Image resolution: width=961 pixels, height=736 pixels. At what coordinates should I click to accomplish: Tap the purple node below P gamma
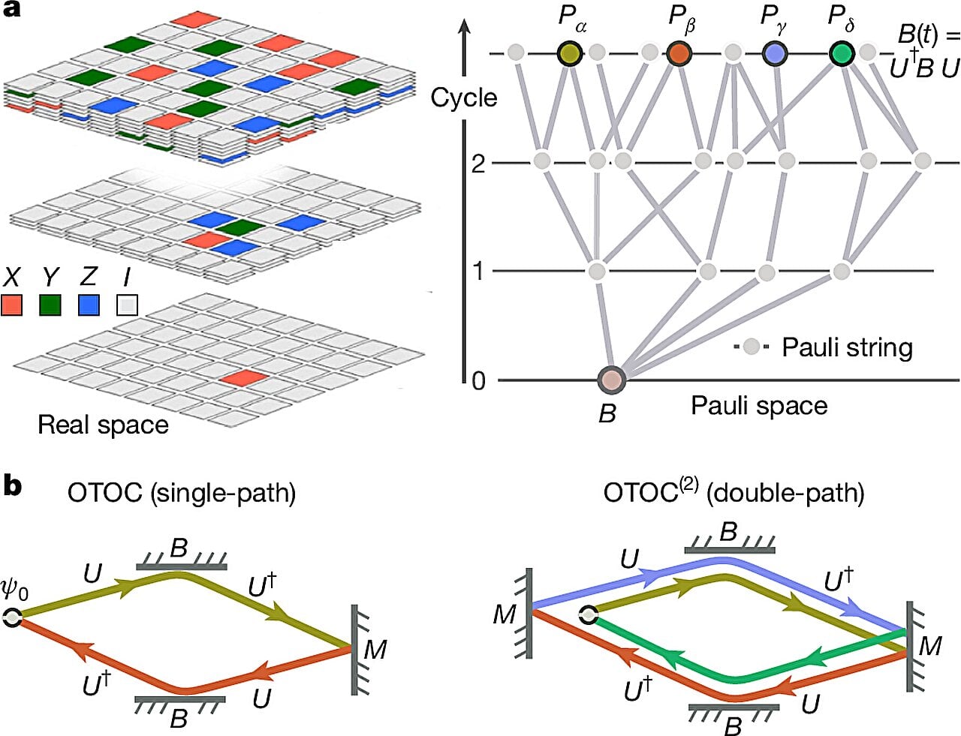coord(774,53)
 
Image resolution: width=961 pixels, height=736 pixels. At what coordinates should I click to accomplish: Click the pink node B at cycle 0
coord(611,380)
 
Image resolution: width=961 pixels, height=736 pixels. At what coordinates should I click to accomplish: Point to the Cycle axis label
coord(463,98)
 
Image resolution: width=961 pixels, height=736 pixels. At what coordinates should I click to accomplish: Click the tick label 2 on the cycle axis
coord(478,163)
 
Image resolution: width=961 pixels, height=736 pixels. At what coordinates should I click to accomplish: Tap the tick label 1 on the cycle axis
coord(478,271)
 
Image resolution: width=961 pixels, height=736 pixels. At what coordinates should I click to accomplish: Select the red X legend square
coord(11,305)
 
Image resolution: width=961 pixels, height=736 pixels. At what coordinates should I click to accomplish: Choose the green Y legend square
coord(50,305)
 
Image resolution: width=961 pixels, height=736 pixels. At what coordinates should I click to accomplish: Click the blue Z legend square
coord(89,305)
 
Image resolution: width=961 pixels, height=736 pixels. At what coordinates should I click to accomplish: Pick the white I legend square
coord(128,305)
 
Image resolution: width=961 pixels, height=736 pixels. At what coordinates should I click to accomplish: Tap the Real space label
coord(103,425)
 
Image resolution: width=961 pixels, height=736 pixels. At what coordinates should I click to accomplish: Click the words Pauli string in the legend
coord(847,347)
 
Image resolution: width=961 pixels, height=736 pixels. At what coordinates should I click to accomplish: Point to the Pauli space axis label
coord(758,406)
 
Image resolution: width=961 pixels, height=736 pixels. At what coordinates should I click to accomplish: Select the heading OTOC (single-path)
coord(181,493)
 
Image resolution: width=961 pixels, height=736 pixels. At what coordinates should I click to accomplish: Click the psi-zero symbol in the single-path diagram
coord(14,590)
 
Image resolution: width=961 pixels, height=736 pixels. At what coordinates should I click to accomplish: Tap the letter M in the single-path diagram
coord(375,649)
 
